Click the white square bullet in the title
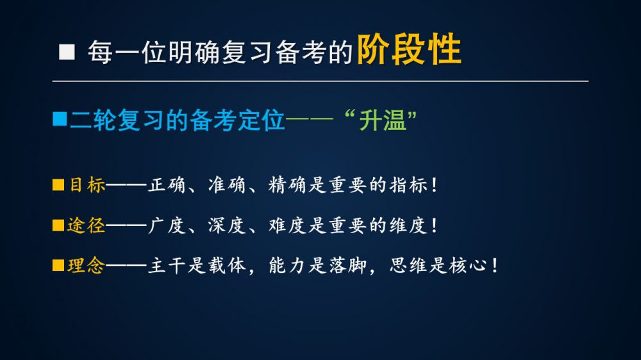click(67, 53)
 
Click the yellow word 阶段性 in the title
click(409, 50)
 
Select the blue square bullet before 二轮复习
click(60, 119)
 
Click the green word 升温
click(383, 120)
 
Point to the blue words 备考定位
click(237, 120)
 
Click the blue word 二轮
click(93, 120)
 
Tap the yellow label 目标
click(87, 185)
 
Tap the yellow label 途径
click(87, 225)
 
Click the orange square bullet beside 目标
click(58, 184)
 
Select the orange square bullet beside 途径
click(58, 225)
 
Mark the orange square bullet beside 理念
click(58, 265)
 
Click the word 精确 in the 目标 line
click(287, 185)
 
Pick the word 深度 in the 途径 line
click(227, 225)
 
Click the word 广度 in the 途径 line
click(167, 225)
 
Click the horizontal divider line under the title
click(320, 81)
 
